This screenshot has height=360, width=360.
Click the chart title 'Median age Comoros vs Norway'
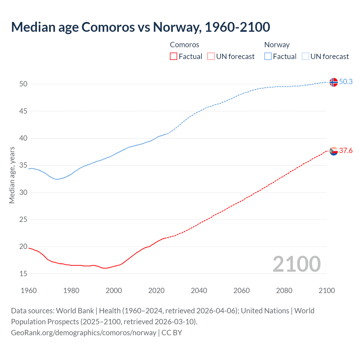140,27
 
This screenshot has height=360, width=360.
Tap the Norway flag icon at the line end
333,82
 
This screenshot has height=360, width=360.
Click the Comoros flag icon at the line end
334,151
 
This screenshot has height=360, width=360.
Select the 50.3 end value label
346,82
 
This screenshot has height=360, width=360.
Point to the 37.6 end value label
346,151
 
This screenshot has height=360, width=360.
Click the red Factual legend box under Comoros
174,57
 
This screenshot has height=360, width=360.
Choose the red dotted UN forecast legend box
211,57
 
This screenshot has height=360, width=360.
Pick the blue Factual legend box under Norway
268,57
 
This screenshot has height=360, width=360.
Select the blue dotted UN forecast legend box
305,57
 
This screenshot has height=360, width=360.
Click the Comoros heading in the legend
184,45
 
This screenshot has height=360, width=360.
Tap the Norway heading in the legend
277,45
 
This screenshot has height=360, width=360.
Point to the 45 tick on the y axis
23,111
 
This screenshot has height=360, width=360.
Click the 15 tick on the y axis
23,274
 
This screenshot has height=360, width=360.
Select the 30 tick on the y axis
23,192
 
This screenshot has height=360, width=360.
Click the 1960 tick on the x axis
29,291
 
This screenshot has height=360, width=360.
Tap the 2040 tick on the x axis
199,291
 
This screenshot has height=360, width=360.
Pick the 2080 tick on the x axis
284,291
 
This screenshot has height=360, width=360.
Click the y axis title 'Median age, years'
12,175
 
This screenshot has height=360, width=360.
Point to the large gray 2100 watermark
296,264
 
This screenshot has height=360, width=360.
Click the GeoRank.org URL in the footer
84,333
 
